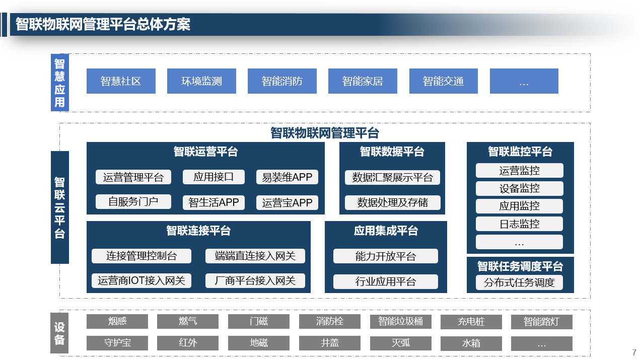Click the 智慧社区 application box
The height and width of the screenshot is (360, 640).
(x=121, y=81)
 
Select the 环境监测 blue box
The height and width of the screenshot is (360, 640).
(x=201, y=81)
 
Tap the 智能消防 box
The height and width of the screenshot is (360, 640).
(x=282, y=81)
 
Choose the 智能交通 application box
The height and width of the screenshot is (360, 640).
(x=444, y=81)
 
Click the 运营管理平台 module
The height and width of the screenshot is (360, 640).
(x=133, y=177)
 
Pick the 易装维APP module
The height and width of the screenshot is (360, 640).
(x=287, y=177)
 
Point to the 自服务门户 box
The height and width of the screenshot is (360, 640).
(x=133, y=202)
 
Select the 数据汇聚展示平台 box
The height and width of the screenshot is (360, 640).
(x=392, y=177)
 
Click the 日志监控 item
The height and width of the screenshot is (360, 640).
(x=520, y=224)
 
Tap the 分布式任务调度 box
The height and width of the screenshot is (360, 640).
(x=520, y=282)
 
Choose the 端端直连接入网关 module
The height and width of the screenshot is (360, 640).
(x=255, y=256)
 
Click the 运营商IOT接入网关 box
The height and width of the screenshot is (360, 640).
(x=141, y=280)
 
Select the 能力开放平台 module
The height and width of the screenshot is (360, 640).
(x=385, y=256)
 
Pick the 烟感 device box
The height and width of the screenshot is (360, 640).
(x=117, y=321)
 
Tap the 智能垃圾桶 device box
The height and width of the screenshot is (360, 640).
(x=401, y=321)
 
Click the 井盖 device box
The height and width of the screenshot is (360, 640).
(x=330, y=343)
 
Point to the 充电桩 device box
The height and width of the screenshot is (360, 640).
(x=471, y=322)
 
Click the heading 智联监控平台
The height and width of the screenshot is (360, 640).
(x=520, y=152)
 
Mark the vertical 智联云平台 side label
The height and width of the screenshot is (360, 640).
(x=60, y=207)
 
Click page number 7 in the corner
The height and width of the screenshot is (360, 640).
(x=634, y=352)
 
